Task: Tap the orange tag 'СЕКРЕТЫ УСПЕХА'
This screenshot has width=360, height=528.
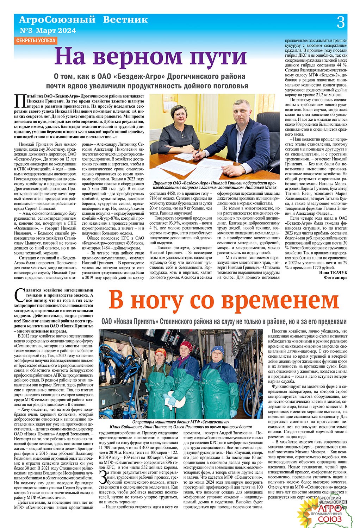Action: point(36,40)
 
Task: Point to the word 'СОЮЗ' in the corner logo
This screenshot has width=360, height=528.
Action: point(330,519)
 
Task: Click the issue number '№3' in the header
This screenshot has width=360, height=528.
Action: point(26,30)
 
